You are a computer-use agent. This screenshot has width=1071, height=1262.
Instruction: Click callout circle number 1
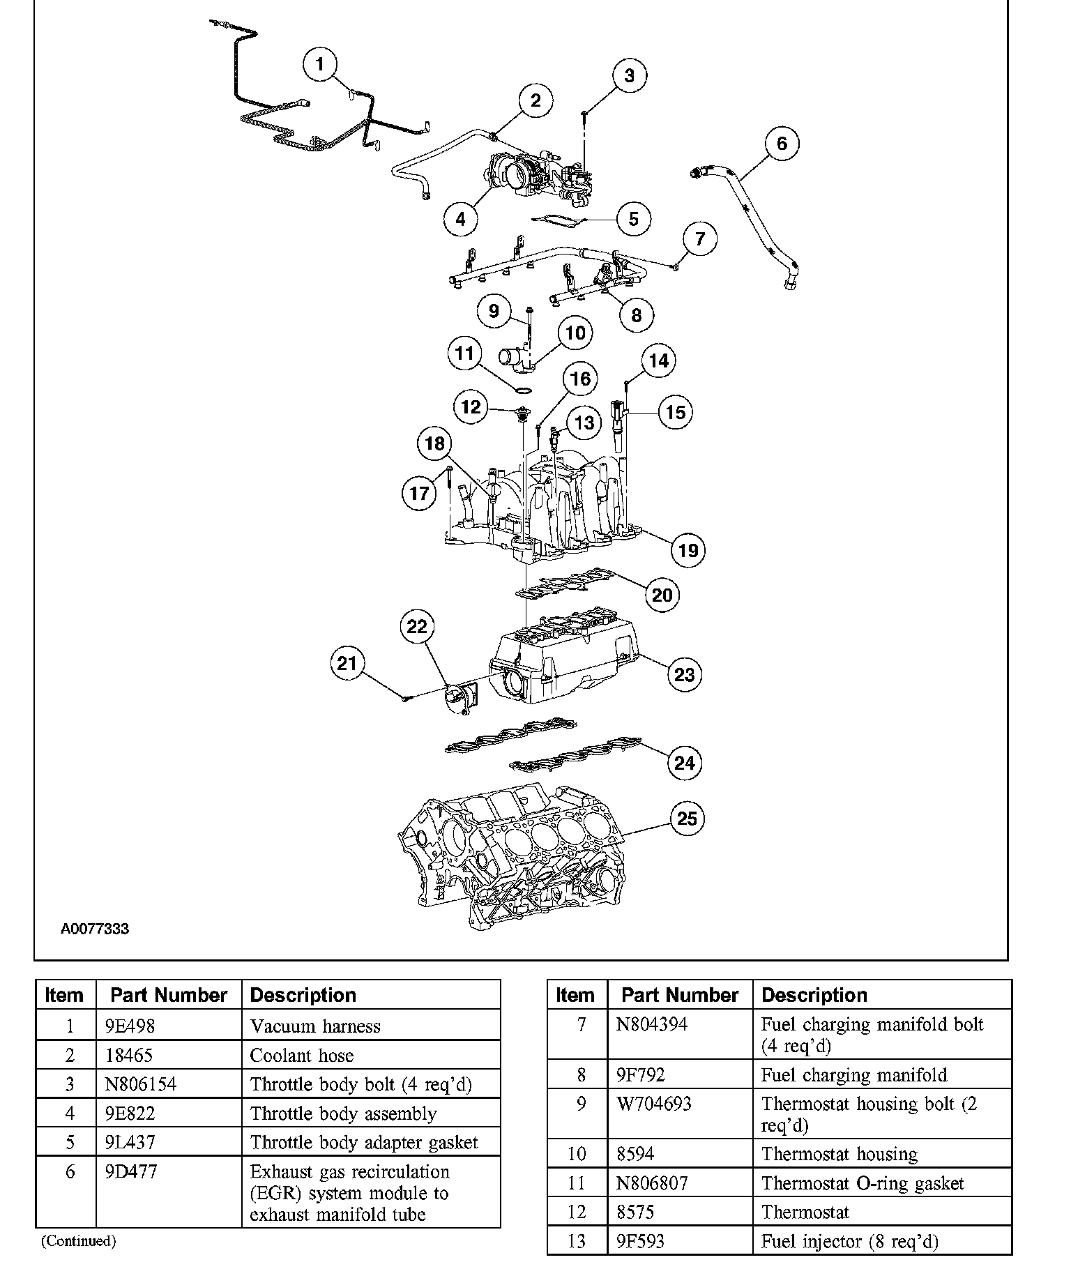320,65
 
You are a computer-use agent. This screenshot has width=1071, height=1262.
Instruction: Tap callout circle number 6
781,144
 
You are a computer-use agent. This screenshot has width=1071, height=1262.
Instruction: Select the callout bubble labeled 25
687,818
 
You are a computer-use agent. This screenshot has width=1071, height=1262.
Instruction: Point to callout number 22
416,626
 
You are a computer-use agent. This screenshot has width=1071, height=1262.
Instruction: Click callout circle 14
658,360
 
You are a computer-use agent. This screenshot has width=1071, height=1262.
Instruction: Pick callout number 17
419,494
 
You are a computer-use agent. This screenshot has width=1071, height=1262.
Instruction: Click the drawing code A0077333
94,929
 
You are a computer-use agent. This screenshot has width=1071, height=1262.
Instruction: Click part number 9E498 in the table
130,1026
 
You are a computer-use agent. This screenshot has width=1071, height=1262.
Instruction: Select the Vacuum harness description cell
315,1026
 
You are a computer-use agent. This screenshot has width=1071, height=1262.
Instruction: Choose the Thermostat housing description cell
839,1154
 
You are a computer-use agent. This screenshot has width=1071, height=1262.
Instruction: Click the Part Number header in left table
169,995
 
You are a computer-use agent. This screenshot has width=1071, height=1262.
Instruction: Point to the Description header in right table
814,995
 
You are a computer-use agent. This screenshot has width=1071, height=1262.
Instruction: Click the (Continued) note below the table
78,1240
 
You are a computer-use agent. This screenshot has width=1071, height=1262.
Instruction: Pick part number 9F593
640,1241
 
